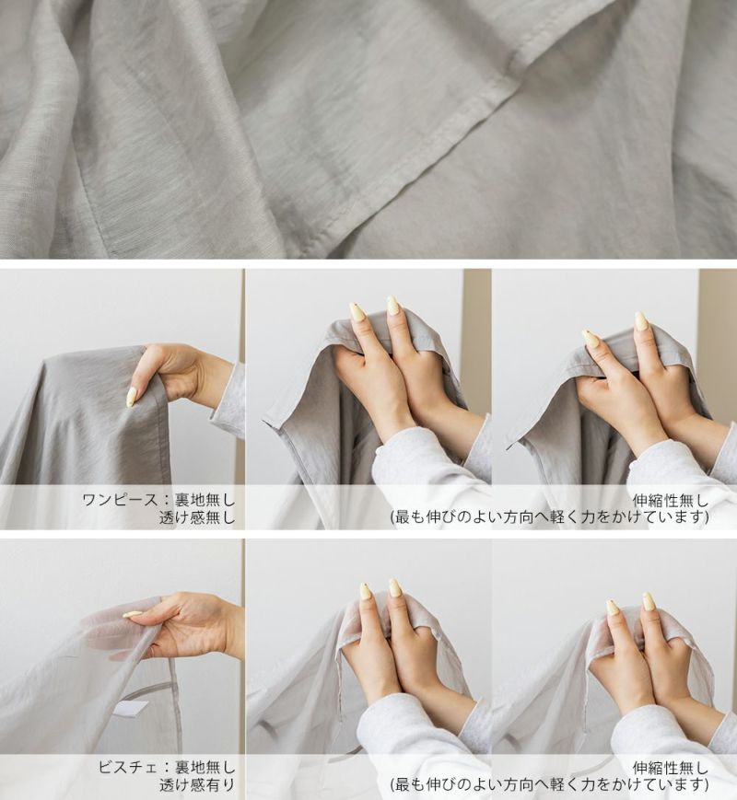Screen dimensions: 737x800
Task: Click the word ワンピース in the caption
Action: click(120, 500)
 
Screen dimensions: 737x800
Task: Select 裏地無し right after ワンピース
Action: click(205, 500)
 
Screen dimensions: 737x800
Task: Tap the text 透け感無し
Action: click(197, 517)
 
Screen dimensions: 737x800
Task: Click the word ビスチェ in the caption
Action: click(128, 767)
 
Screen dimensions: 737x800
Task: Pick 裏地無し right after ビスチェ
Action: click(205, 767)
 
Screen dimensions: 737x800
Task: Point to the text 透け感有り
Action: click(197, 784)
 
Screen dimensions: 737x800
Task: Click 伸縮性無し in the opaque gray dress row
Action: click(671, 500)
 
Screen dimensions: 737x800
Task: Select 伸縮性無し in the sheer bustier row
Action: click(671, 768)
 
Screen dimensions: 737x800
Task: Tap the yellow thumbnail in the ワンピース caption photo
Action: click(131, 397)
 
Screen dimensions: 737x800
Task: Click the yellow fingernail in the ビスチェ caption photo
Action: click(133, 614)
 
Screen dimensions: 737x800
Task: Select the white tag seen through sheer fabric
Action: click(130, 708)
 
